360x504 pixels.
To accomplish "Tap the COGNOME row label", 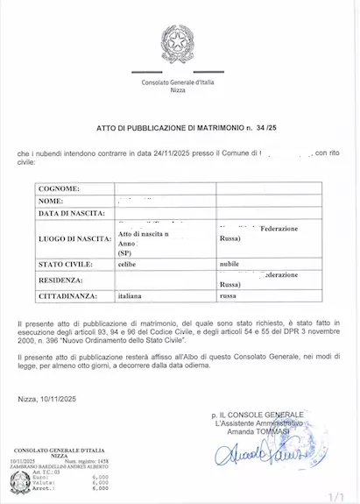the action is [59, 188].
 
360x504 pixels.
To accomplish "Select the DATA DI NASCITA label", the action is [72, 213].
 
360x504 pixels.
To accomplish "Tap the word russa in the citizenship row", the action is [228, 297].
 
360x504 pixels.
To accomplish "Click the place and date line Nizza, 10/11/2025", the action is [55, 399].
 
